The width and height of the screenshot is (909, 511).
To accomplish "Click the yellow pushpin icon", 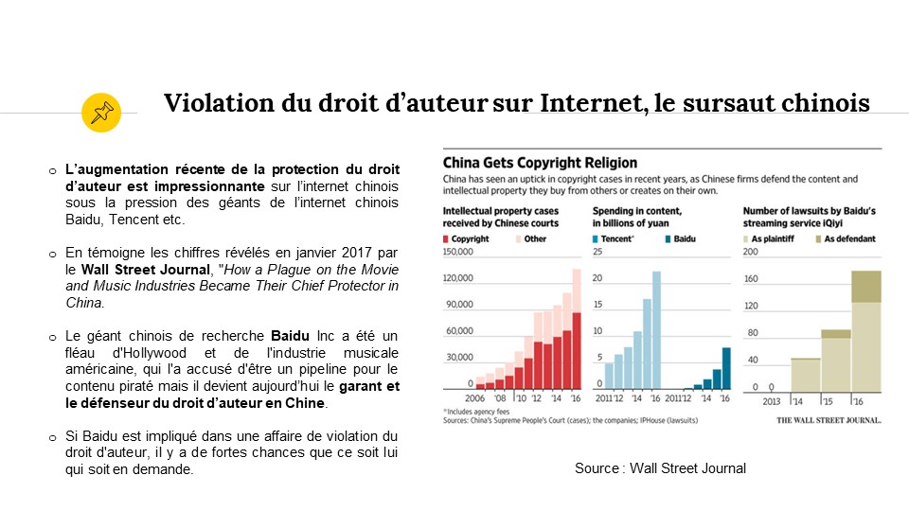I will [x=100, y=113].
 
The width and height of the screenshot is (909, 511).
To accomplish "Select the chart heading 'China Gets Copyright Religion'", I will [x=540, y=163].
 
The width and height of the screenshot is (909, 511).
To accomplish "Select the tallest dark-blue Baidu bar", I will [x=726, y=368].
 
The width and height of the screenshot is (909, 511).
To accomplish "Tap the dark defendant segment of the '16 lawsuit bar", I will [x=865, y=287].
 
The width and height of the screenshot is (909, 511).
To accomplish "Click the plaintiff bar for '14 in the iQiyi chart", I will [x=806, y=374].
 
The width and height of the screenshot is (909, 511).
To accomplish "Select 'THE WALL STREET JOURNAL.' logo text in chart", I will [x=829, y=419].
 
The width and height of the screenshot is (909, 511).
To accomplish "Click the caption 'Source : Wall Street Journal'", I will [x=660, y=468].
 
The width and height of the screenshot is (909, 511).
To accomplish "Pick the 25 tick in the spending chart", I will [x=598, y=251].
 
